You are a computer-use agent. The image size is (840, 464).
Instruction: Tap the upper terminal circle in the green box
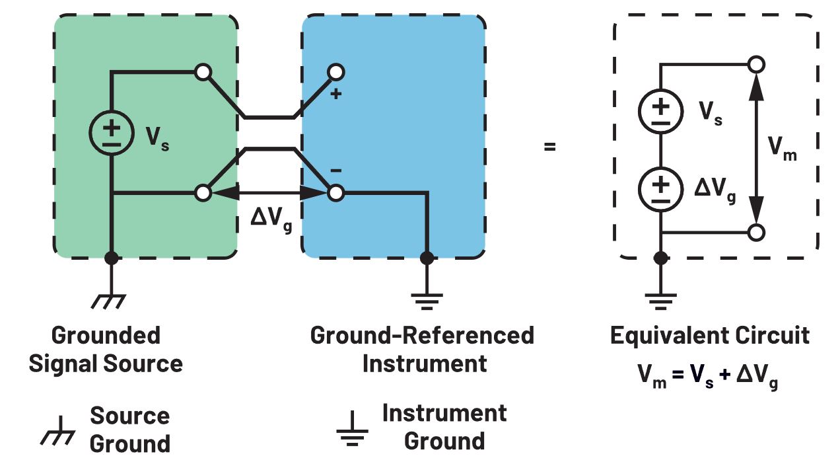click(203, 71)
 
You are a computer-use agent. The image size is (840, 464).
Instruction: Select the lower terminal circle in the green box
click(203, 193)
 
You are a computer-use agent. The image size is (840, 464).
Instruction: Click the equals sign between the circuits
click(549, 147)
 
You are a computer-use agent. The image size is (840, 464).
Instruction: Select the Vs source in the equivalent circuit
click(660, 109)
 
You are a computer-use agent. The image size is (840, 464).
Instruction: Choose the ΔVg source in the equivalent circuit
click(660, 188)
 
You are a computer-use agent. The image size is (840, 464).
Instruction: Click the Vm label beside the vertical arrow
click(783, 149)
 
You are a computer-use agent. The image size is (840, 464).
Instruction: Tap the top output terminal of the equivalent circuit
click(757, 65)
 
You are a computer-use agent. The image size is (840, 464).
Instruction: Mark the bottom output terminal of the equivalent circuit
click(757, 233)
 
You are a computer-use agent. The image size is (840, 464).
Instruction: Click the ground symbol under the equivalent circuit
click(660, 301)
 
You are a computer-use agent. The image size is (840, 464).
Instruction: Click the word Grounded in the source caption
click(106, 336)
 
